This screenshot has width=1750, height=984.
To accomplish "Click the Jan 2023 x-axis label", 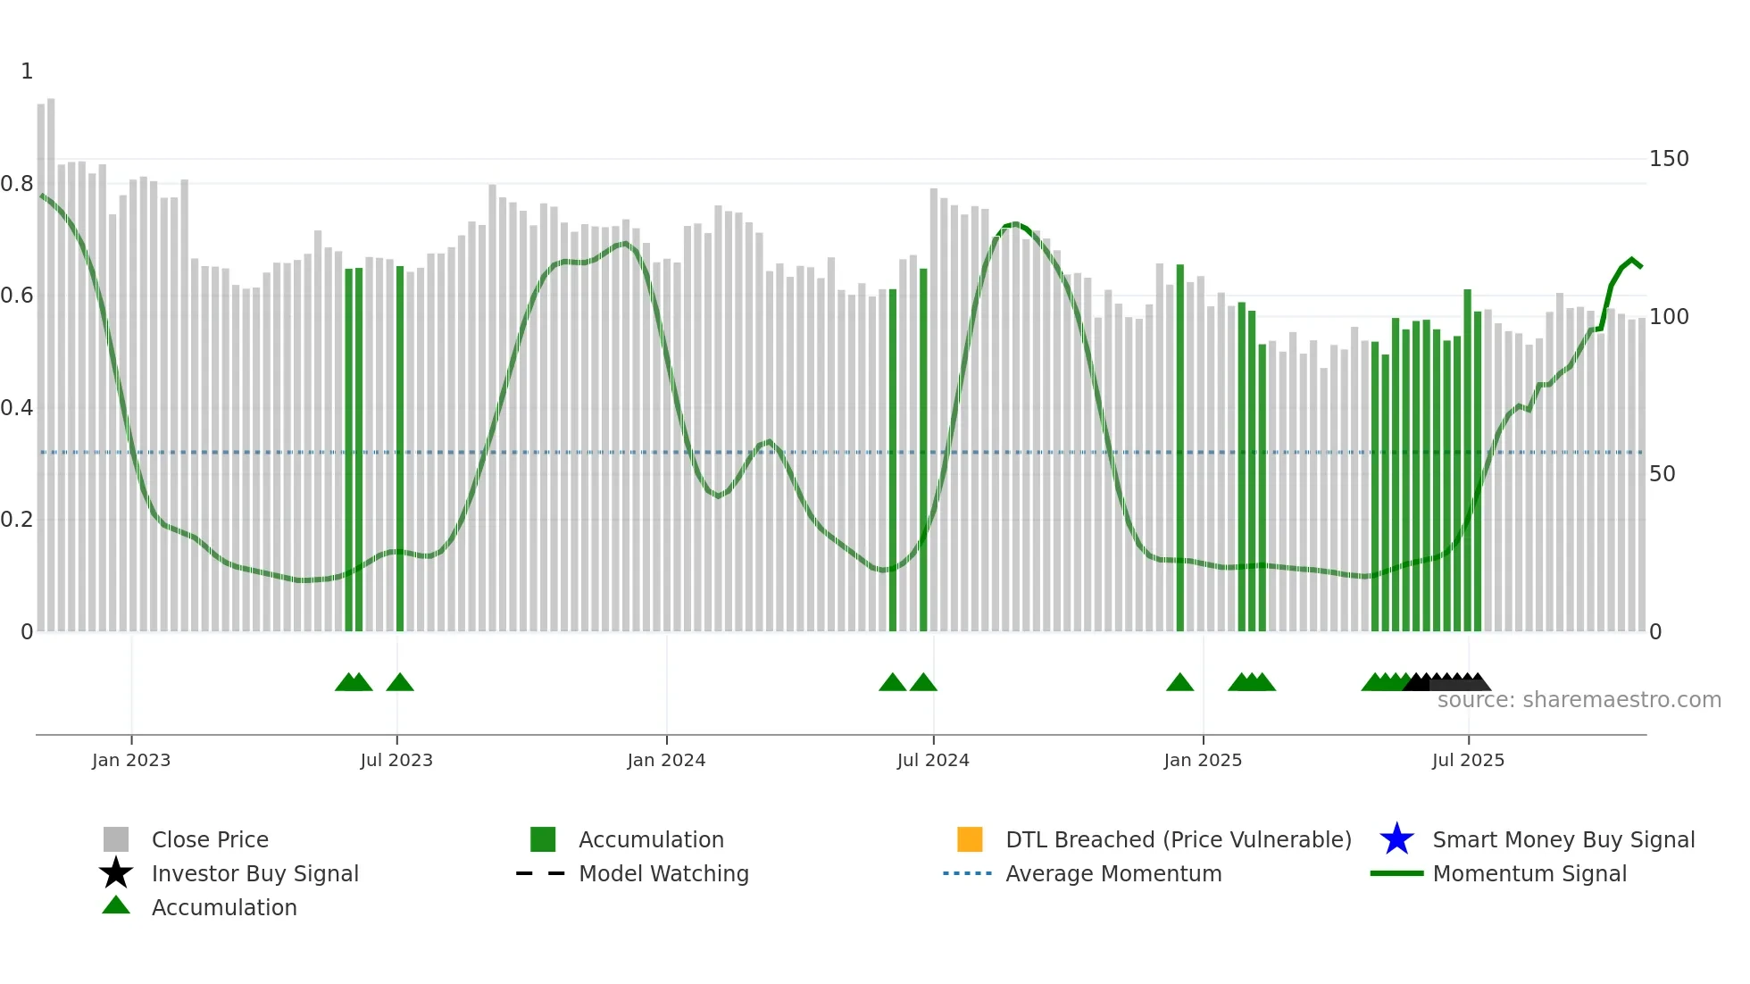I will point(130,760).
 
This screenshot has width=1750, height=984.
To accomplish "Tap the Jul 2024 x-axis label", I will point(932,760).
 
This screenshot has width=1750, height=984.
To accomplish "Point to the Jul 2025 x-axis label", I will point(1467,760).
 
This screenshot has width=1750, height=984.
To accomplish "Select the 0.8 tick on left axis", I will point(17,184).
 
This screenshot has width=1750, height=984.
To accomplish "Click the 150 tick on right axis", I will point(1668,159).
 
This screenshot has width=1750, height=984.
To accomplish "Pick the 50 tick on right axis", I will point(1662,474).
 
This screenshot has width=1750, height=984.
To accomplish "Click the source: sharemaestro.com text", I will point(1579,700).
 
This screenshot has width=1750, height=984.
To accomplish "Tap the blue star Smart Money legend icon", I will point(1396,839).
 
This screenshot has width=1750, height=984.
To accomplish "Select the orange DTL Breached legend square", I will point(969,839).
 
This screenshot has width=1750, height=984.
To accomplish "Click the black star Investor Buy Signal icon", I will point(116,873).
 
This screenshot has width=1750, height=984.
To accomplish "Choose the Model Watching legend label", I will point(663,873).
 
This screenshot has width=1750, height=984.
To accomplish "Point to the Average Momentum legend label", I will point(1112,873).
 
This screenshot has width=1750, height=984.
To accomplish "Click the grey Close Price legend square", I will point(116,839).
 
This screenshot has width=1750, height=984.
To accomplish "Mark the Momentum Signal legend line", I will point(1396,873).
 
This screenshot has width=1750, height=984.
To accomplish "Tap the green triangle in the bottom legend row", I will point(116,906).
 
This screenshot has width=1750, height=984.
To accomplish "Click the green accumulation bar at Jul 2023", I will point(400,446).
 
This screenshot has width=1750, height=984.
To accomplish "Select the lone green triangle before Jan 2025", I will point(1179,683).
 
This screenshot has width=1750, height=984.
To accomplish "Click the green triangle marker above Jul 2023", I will point(400,683).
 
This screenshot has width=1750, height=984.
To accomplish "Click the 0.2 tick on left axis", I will point(17,520).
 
